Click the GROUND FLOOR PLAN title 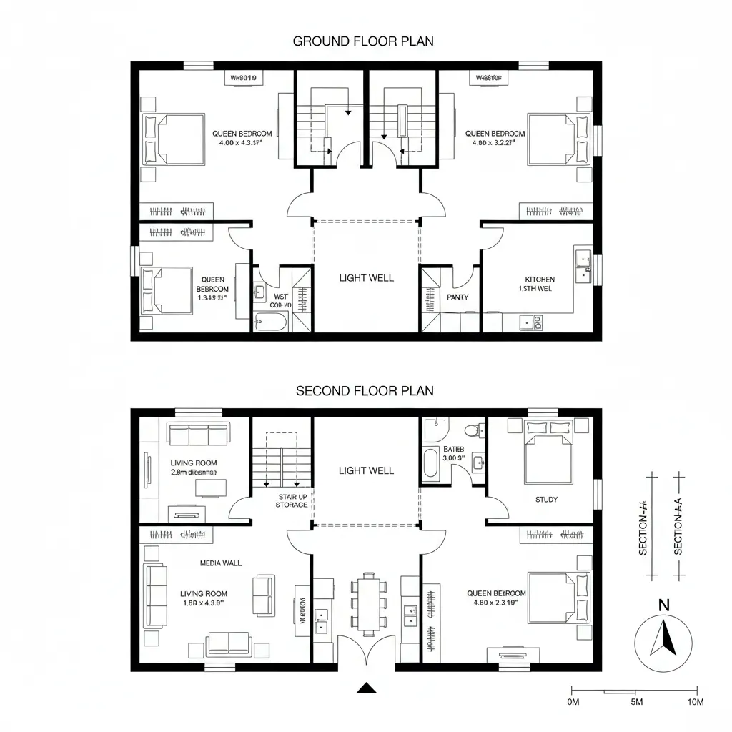tap(363, 41)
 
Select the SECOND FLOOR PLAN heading tap(365, 391)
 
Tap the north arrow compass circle tap(664, 643)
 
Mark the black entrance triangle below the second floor tap(366, 688)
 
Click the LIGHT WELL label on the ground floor tap(366, 278)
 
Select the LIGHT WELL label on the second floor tap(366, 470)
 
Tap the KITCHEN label tap(540, 280)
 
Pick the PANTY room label tap(457, 297)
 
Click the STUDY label tap(546, 500)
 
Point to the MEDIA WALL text tap(221, 563)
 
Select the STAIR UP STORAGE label tap(292, 500)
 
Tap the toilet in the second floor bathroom tap(471, 430)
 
